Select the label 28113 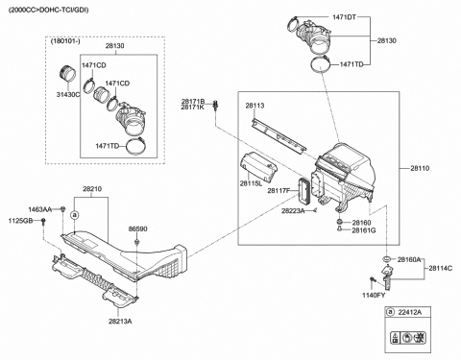click(255, 107)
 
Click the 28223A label click(294, 211)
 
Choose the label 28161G click(363, 231)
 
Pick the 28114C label click(441, 268)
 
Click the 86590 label click(138, 229)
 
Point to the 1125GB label click(20, 222)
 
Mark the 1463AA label click(40, 209)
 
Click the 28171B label click(193, 100)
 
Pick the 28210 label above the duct click(92, 190)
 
